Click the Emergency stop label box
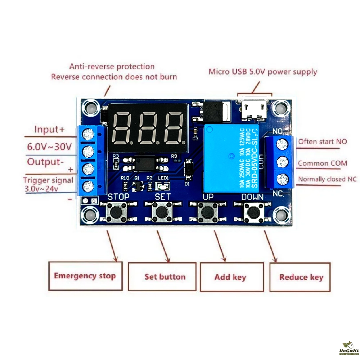(x=85, y=276)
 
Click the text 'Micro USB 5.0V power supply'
(x=263, y=71)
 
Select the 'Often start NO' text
(x=323, y=141)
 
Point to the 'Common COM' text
(x=323, y=163)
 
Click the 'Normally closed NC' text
(x=327, y=179)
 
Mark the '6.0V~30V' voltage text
(x=49, y=147)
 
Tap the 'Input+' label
(x=49, y=129)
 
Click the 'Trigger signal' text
(x=48, y=180)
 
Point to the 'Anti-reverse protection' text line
(x=112, y=67)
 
